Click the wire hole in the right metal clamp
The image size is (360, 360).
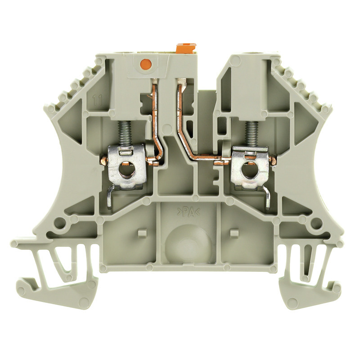pyautogui.click(x=247, y=171)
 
